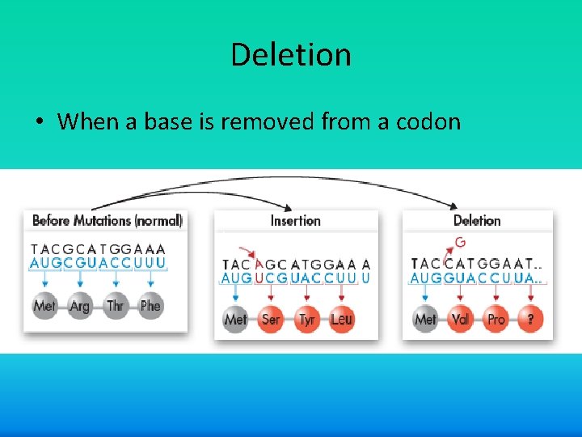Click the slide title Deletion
tap(290, 55)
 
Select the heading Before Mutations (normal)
tap(108, 220)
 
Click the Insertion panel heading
tap(295, 220)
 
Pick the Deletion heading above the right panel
tap(477, 220)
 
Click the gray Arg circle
tap(80, 307)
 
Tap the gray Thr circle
tap(116, 307)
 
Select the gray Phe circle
tap(151, 307)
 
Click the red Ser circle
tap(271, 320)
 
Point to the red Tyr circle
tap(306, 320)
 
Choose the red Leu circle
tap(342, 320)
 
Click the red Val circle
tap(460, 320)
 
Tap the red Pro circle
tap(496, 320)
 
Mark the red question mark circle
tap(530, 320)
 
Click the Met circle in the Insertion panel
tap(235, 320)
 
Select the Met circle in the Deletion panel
tap(424, 320)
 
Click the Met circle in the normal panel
tap(44, 307)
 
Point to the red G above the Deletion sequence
tap(460, 242)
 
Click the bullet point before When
tap(39, 123)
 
